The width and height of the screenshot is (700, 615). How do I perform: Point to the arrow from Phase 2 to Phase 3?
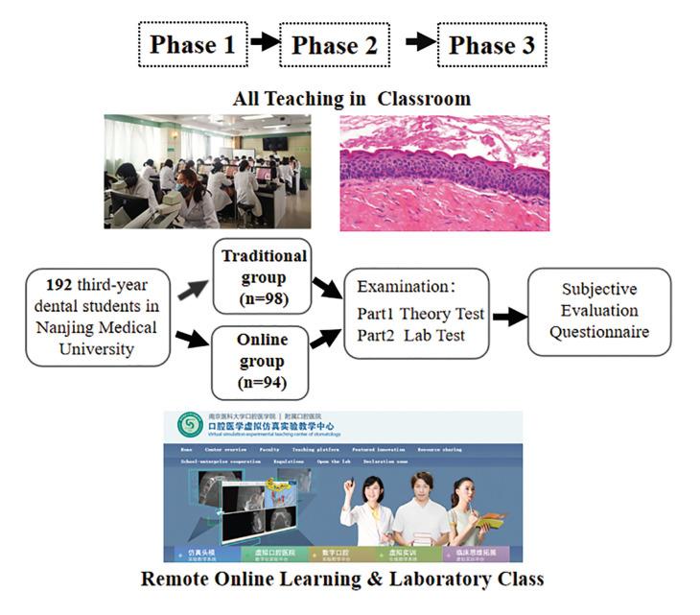click(x=419, y=43)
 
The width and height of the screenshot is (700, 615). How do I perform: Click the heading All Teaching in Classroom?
click(x=352, y=98)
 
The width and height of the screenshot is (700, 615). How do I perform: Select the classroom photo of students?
click(x=207, y=172)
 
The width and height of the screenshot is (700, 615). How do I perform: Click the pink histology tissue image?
click(x=444, y=174)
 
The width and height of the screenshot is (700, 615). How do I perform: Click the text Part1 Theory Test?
click(x=420, y=312)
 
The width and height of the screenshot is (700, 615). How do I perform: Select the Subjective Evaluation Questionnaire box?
click(x=599, y=311)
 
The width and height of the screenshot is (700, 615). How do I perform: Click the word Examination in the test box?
click(x=399, y=286)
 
